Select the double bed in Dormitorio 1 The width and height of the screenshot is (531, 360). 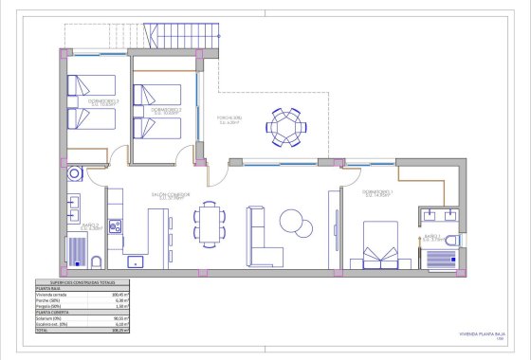tap(382, 244)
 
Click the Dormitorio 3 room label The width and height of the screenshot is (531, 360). tap(102, 101)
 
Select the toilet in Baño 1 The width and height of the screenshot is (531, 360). tap(451, 241)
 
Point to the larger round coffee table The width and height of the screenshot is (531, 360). tap(295, 226)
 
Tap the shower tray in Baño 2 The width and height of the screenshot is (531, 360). tap(77, 250)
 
